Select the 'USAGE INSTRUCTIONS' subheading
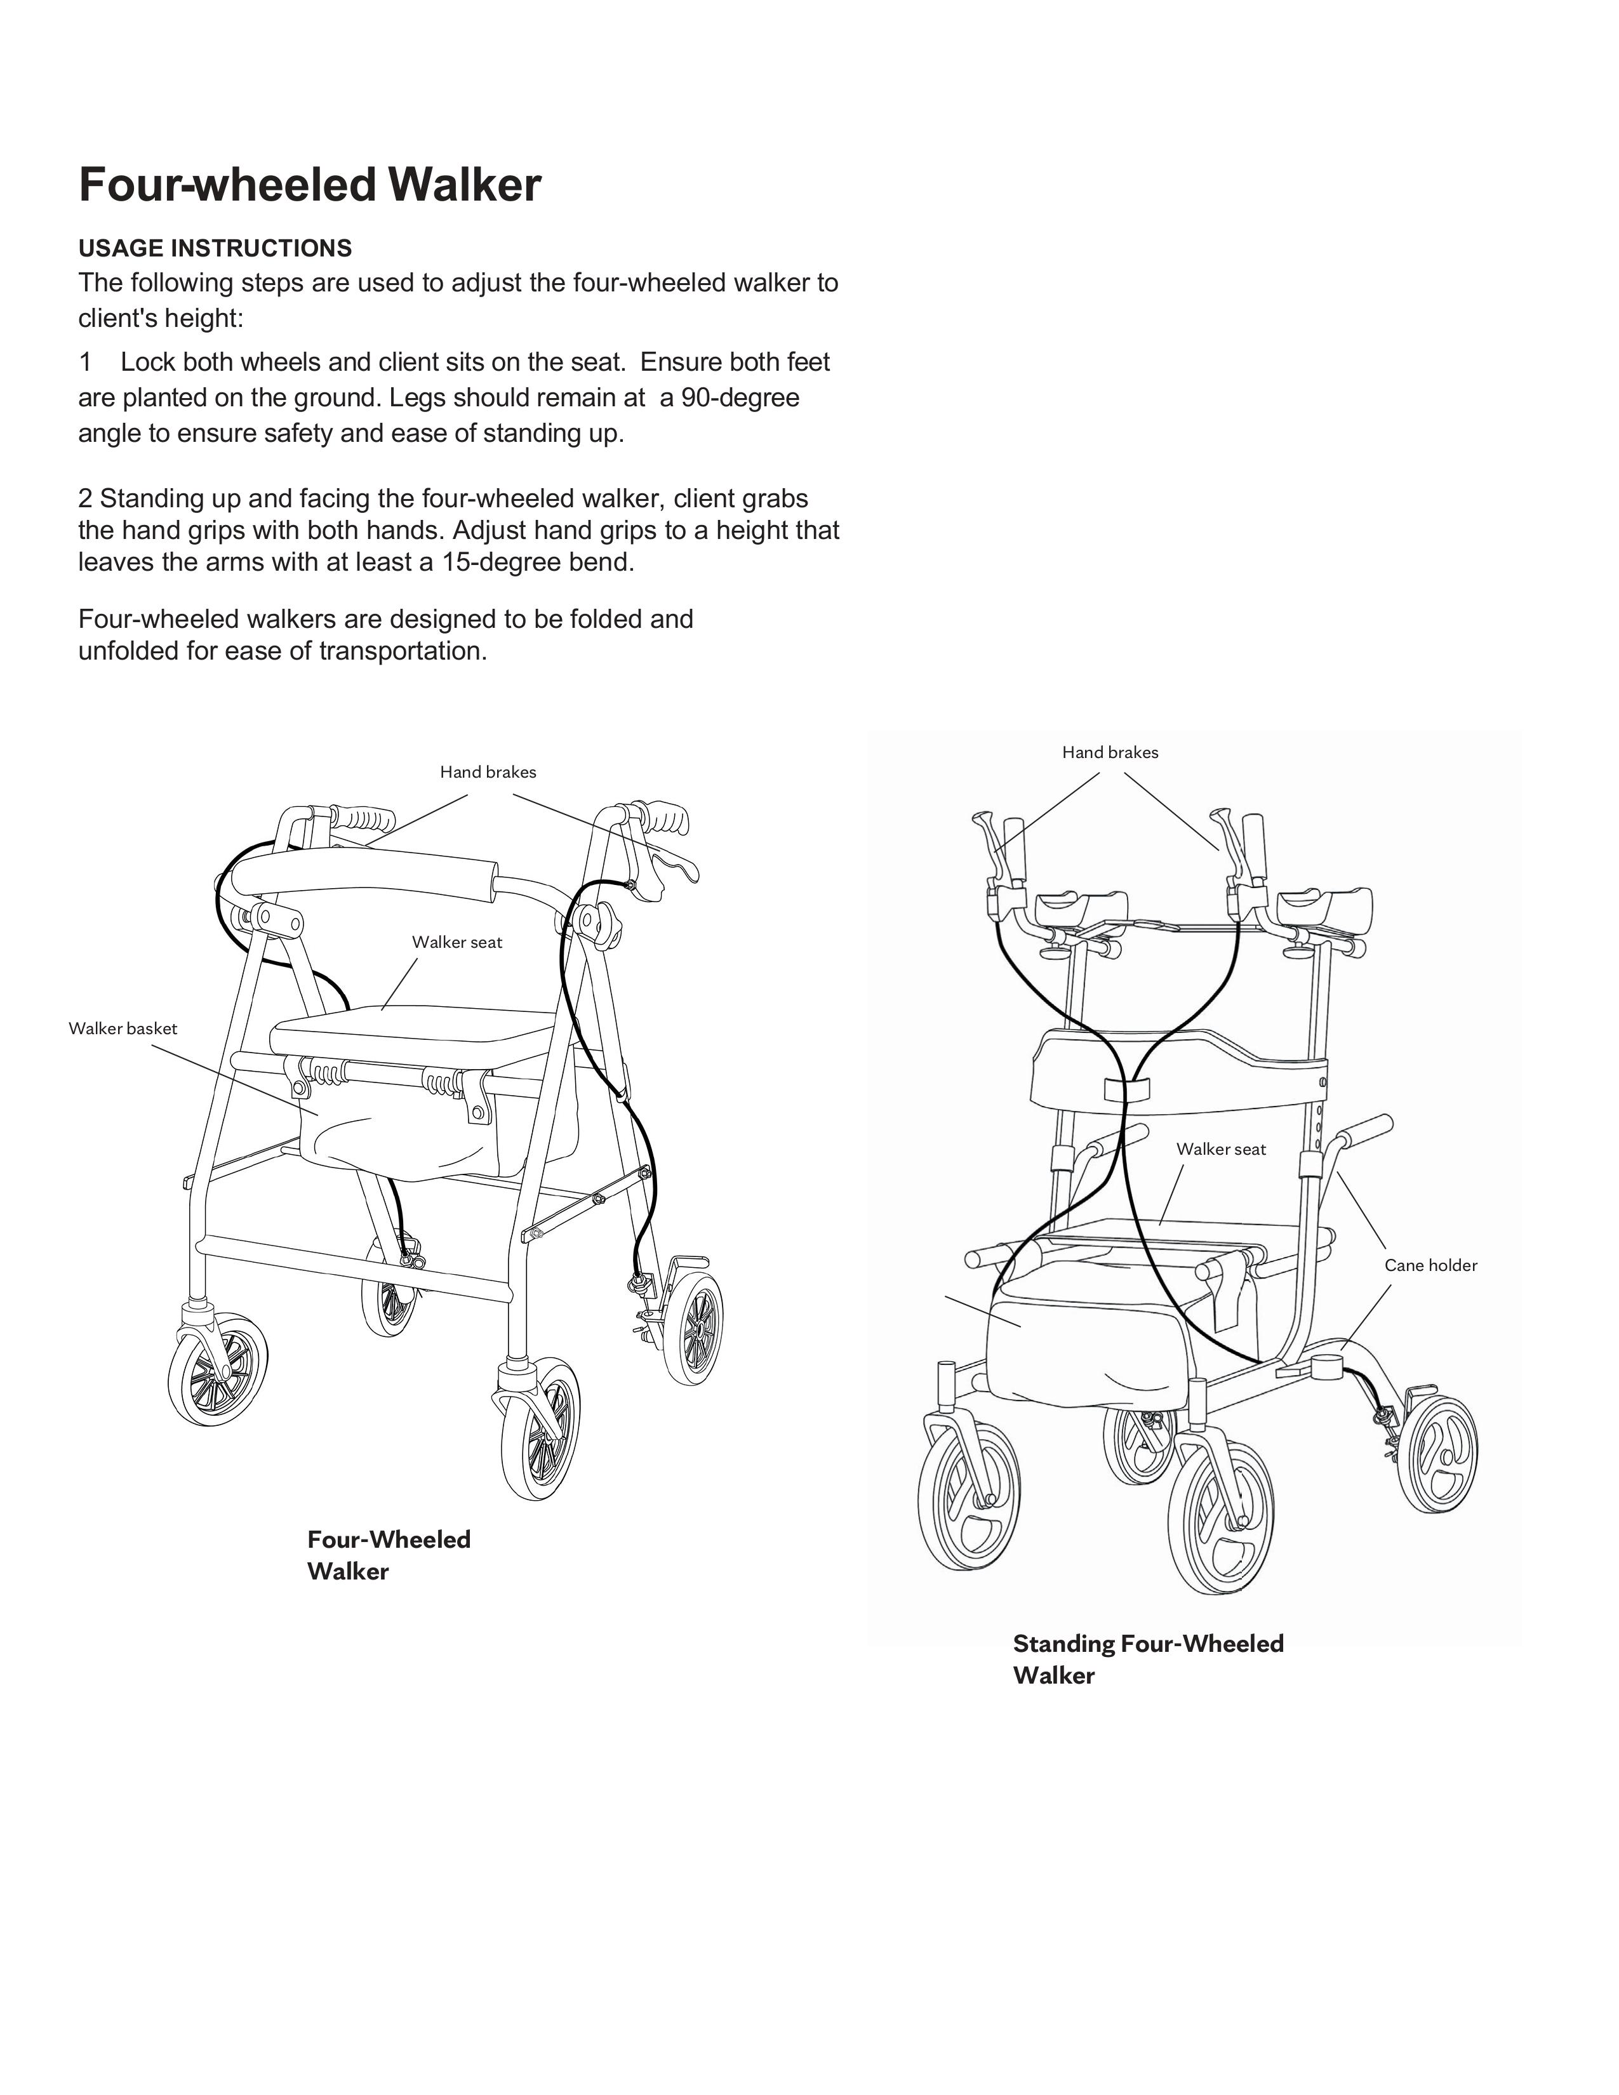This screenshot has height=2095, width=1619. tap(215, 248)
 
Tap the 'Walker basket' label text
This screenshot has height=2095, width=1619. tap(123, 1028)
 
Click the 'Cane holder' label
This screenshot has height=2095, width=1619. tap(1430, 1265)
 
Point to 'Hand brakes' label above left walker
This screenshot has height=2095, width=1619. tap(488, 772)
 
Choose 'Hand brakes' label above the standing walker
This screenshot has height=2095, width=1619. tap(1110, 753)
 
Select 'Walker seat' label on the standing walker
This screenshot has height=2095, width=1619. tap(1221, 1149)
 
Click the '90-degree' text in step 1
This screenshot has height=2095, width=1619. tap(740, 397)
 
